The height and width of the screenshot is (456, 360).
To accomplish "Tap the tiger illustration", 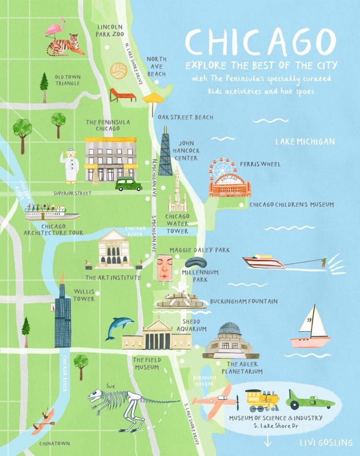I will point(65,45).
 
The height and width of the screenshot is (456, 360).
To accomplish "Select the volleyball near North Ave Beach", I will point(118,71).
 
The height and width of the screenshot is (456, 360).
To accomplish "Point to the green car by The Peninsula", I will point(128,184).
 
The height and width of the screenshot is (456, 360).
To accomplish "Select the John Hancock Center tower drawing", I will point(165,152).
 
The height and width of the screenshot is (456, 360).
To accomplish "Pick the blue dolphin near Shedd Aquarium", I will point(118,326).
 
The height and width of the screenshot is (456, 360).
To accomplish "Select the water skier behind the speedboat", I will point(323,262).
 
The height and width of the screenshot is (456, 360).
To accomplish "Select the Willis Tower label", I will point(84,295).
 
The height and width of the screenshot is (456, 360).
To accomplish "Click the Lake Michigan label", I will point(305,141).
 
